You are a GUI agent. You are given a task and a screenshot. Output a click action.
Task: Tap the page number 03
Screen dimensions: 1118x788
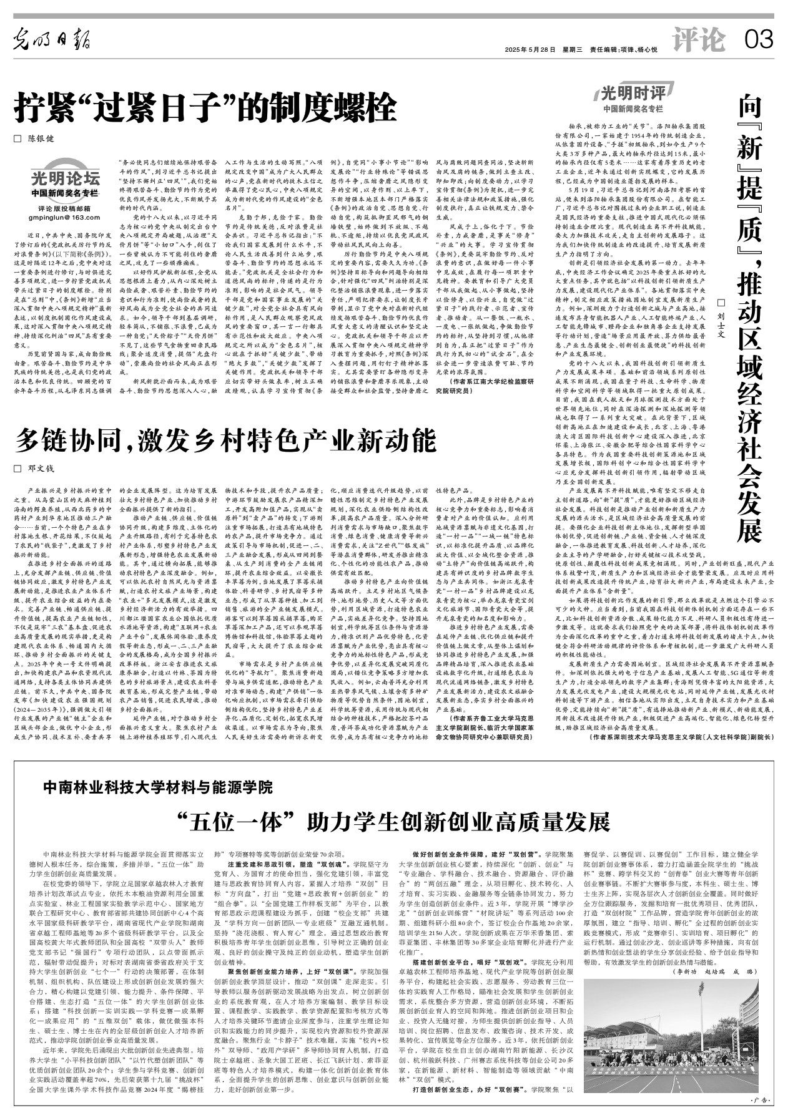(759, 41)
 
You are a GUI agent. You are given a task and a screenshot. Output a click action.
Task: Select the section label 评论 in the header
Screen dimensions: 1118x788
(699, 41)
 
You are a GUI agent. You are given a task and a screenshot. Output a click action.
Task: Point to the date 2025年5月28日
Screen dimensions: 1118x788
(530, 50)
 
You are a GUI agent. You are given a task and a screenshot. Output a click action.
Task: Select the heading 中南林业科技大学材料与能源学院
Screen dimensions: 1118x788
(158, 787)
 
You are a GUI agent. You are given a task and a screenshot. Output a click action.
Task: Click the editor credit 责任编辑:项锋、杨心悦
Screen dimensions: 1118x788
(624, 50)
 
